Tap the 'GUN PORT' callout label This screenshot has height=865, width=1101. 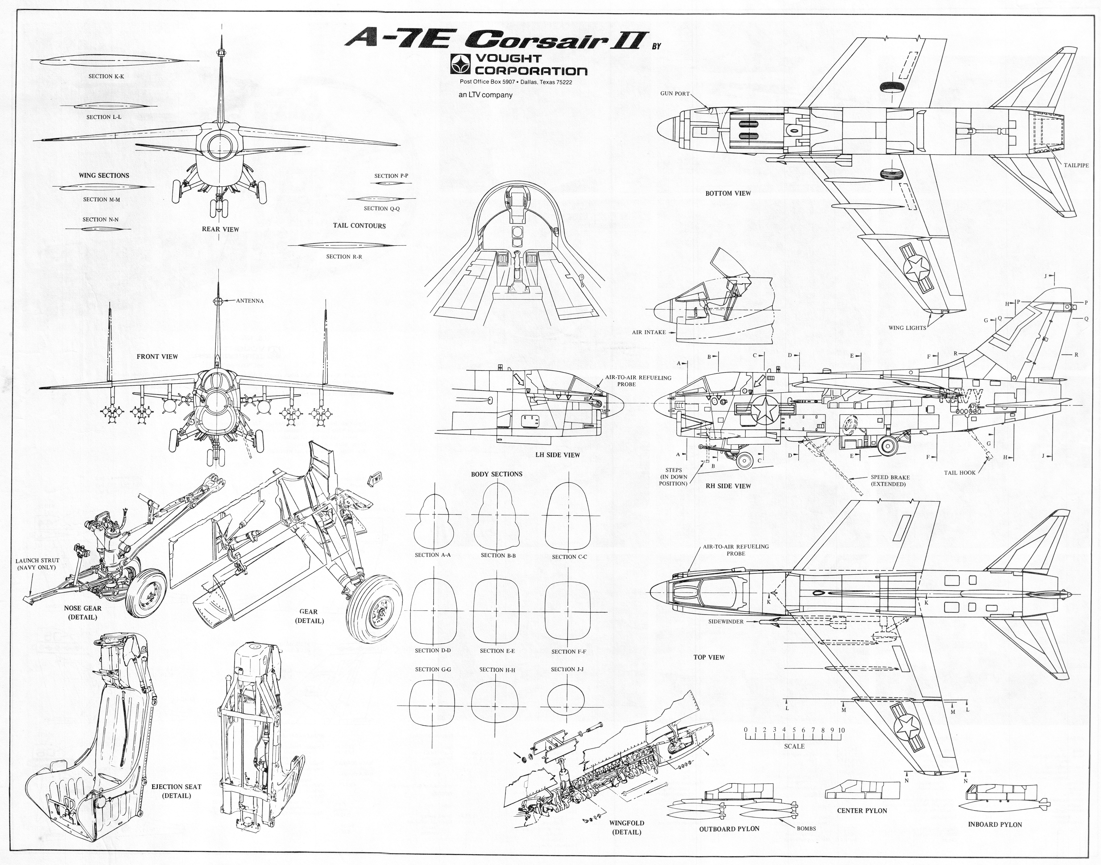(x=675, y=94)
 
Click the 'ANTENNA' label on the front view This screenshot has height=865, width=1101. (x=250, y=301)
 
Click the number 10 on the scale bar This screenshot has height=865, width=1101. (x=841, y=730)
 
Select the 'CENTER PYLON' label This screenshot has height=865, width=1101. (x=862, y=811)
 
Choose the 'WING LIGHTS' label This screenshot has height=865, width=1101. (x=907, y=328)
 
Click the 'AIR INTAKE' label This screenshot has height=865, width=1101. (x=649, y=332)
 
